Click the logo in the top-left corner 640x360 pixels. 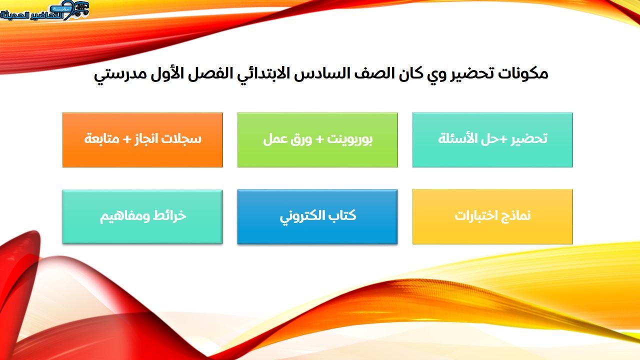[x=44, y=10]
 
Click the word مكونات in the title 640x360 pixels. [x=523, y=73]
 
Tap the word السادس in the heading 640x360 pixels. [x=322, y=73]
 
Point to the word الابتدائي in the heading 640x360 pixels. [x=251, y=75]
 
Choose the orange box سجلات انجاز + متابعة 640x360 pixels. [x=142, y=140]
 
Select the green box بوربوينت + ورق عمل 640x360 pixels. [x=317, y=140]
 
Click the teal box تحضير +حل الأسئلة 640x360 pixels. [x=492, y=140]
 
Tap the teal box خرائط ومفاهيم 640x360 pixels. [x=142, y=217]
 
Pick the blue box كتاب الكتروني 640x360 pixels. [x=317, y=217]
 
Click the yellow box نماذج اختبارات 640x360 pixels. [x=492, y=217]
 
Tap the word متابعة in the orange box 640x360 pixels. [x=101, y=139]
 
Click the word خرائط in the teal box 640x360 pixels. [x=169, y=215]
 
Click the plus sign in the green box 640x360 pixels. [x=319, y=139]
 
